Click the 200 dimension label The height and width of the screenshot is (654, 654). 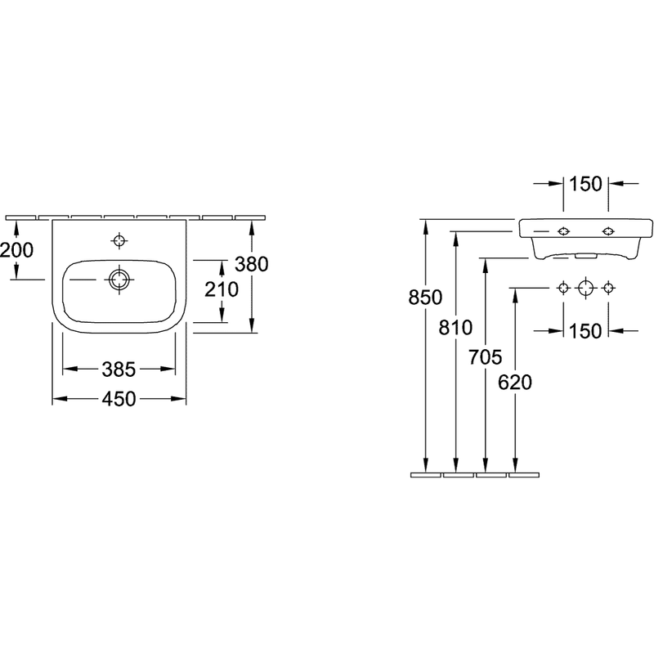(16, 250)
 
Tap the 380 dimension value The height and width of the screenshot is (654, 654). (252, 264)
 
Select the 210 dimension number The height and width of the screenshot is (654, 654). (222, 289)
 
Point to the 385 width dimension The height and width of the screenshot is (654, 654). (119, 370)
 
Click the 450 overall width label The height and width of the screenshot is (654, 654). (119, 399)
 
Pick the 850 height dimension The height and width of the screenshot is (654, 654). (425, 298)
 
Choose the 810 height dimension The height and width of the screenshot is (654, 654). (455, 328)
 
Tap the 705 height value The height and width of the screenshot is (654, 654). (485, 357)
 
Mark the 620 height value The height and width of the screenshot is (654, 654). (515, 383)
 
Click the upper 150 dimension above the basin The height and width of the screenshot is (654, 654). (585, 184)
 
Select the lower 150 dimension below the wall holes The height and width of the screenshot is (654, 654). (585, 331)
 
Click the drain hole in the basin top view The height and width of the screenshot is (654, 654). (119, 280)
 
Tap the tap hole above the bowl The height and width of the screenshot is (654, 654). (119, 240)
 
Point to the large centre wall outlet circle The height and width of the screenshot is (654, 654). (585, 288)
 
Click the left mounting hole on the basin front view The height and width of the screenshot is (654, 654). (563, 231)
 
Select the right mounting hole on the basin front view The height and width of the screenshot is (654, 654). (608, 231)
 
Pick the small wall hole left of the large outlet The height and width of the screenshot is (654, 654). (563, 288)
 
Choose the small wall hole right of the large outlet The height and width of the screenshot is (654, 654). (608, 288)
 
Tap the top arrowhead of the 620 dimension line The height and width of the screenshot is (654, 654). (515, 296)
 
